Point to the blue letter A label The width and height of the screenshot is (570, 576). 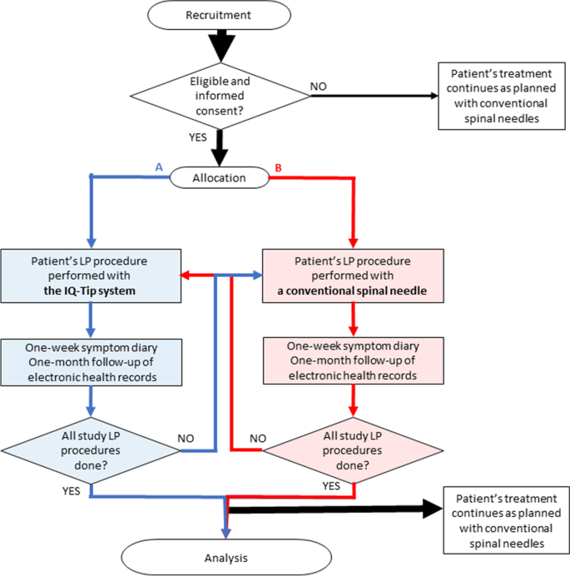point(160,166)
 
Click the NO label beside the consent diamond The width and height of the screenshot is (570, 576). point(318,86)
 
